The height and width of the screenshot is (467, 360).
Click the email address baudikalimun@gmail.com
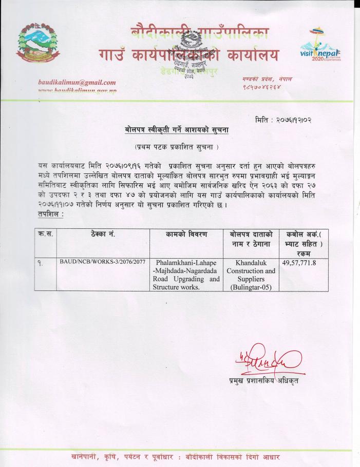tap(78, 83)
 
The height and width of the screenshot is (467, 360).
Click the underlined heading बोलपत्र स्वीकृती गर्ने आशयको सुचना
tap(177, 131)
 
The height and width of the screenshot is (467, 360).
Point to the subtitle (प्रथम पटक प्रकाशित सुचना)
tap(177, 148)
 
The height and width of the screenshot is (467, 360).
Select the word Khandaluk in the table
tap(251, 262)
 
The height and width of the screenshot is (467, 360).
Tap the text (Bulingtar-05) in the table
tap(251, 287)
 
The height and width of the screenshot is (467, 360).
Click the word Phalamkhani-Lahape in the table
tap(185, 262)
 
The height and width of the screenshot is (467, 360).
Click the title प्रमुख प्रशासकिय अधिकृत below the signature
tap(263, 380)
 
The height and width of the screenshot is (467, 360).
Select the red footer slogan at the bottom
tap(177, 457)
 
